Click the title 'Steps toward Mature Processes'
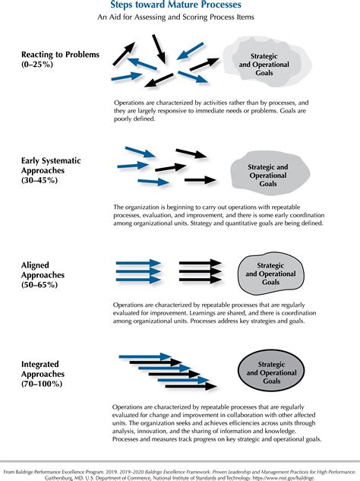[x=180, y=5]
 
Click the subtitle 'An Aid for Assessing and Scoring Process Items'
[x=180, y=20]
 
